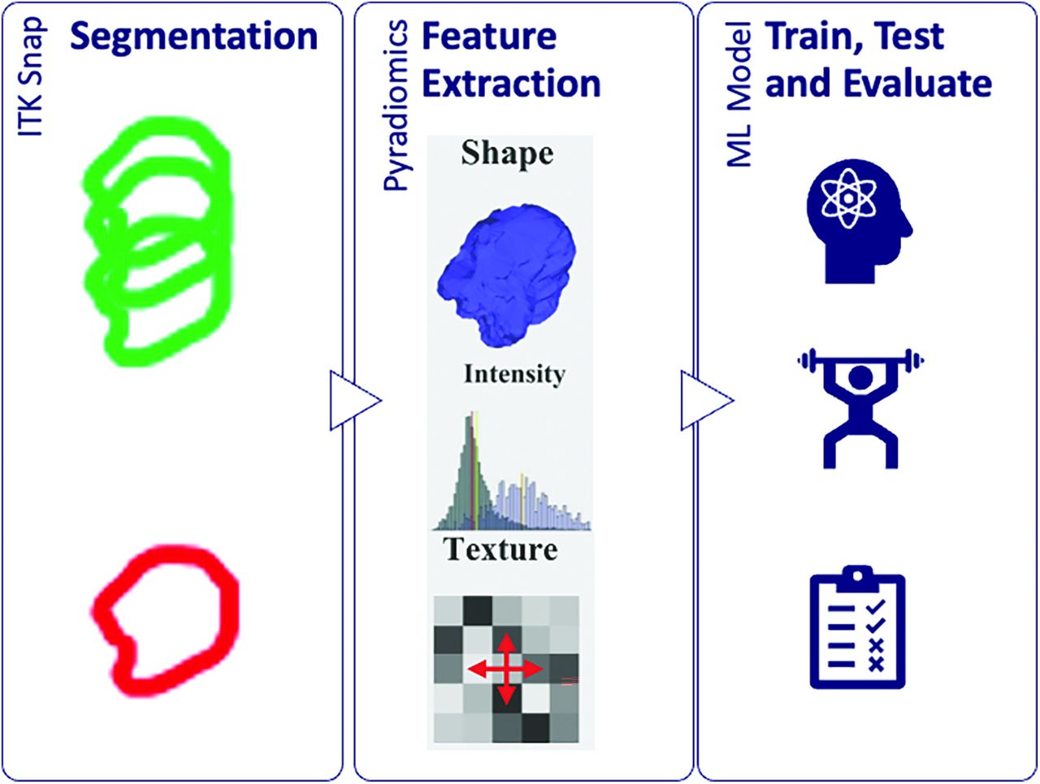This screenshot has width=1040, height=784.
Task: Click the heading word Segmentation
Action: coord(193,37)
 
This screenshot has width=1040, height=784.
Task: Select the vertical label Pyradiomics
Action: coord(395,106)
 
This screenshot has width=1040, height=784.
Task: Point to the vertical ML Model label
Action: coord(739,96)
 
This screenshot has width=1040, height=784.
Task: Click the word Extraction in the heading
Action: coord(511,84)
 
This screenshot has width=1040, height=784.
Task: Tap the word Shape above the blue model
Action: coord(507,154)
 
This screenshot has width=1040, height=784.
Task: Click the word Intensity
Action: coord(513,375)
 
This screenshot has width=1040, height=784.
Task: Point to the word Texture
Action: coord(500,549)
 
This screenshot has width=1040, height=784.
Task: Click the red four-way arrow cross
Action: coord(505,669)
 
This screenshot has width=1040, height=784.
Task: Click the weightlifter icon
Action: coord(860,406)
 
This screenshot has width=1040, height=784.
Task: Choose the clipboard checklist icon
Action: coord(857,628)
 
